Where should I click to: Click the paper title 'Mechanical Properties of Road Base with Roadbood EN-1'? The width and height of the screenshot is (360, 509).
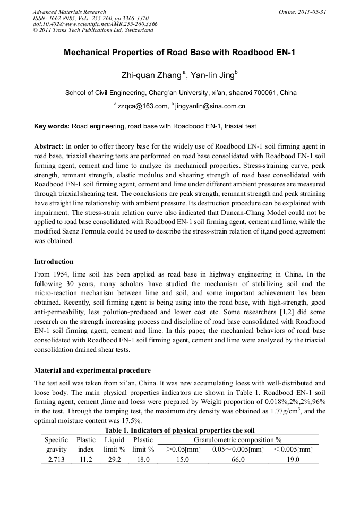pyautogui.click(x=179, y=53)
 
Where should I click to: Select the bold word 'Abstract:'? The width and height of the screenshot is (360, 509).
pyautogui.click(x=48, y=145)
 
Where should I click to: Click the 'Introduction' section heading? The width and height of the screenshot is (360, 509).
pyautogui.click(x=54, y=262)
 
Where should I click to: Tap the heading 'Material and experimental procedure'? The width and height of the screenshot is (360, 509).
pyautogui.click(x=92, y=370)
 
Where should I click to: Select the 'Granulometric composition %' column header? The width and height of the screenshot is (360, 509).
pyautogui.click(x=237, y=440)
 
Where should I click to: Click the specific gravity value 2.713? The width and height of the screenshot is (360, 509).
pyautogui.click(x=56, y=460)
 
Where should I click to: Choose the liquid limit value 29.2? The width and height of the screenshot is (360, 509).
pyautogui.click(x=114, y=460)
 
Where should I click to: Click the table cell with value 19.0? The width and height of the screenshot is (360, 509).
pyautogui.click(x=293, y=460)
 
